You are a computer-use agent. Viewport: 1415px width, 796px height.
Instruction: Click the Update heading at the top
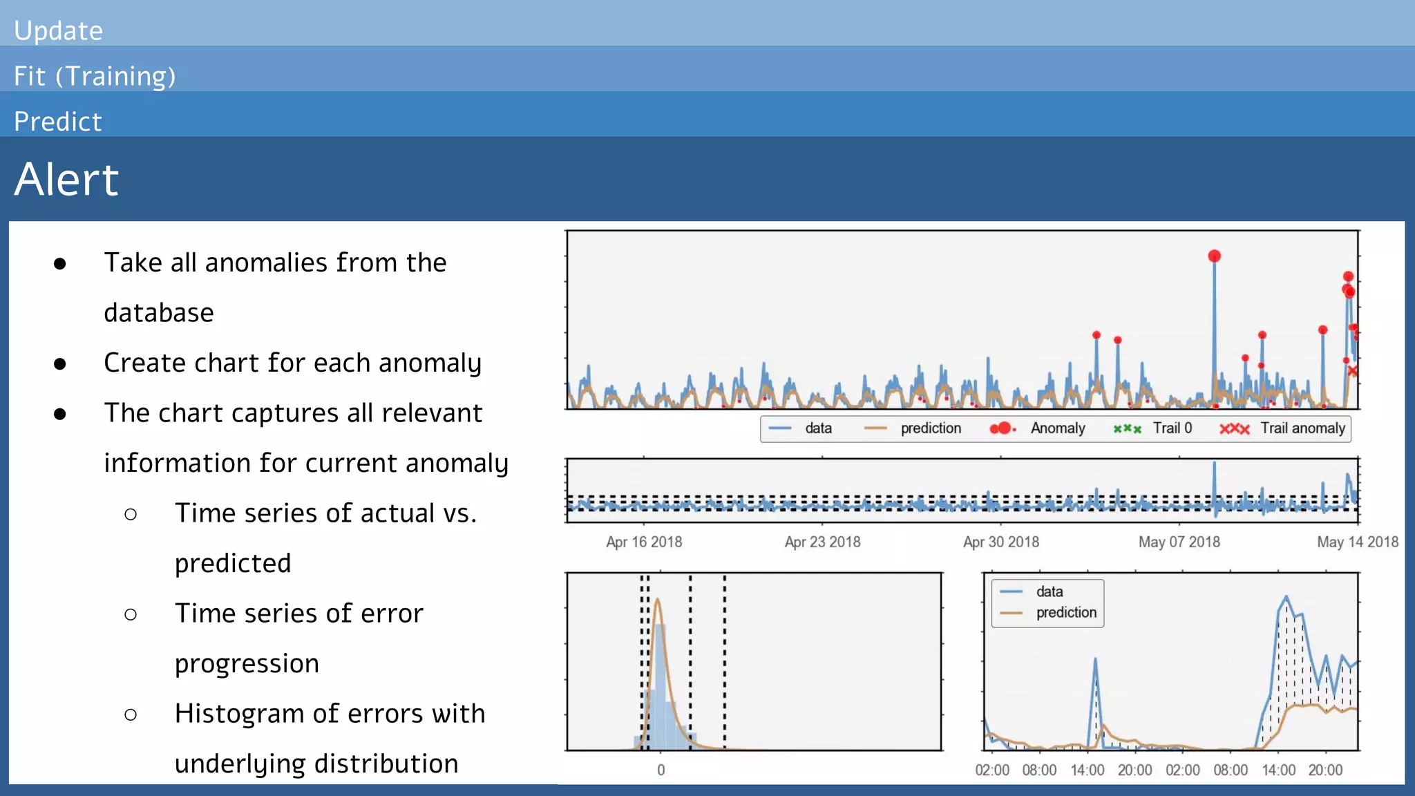point(58,30)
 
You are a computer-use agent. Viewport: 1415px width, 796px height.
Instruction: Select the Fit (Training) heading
point(95,76)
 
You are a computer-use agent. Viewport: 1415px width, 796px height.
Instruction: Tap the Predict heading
point(58,122)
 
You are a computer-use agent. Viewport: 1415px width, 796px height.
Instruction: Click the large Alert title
point(66,180)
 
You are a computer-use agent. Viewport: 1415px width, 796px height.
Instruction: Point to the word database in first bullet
point(159,313)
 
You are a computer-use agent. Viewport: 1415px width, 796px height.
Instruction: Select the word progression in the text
point(247,663)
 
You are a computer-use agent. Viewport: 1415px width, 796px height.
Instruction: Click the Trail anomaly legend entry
point(1302,428)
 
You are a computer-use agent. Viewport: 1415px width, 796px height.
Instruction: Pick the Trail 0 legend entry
point(1172,428)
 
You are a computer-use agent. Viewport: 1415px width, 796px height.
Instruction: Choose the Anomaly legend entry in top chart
point(1057,428)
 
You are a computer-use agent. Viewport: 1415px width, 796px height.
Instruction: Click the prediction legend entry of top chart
point(930,428)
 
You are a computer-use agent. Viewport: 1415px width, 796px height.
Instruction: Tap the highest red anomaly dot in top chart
point(1214,256)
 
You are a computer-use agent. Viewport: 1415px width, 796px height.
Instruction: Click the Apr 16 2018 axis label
point(644,542)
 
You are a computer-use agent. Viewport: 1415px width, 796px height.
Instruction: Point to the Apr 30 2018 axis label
point(1001,542)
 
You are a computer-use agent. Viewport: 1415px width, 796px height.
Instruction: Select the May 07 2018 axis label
point(1179,542)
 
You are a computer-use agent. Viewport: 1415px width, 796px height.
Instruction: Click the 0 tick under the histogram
point(661,770)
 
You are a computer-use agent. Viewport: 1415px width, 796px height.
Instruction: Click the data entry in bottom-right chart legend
point(1049,591)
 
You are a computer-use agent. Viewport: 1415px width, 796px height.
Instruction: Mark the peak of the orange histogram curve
point(658,600)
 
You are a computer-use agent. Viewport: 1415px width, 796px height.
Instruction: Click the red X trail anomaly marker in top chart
point(1352,372)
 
